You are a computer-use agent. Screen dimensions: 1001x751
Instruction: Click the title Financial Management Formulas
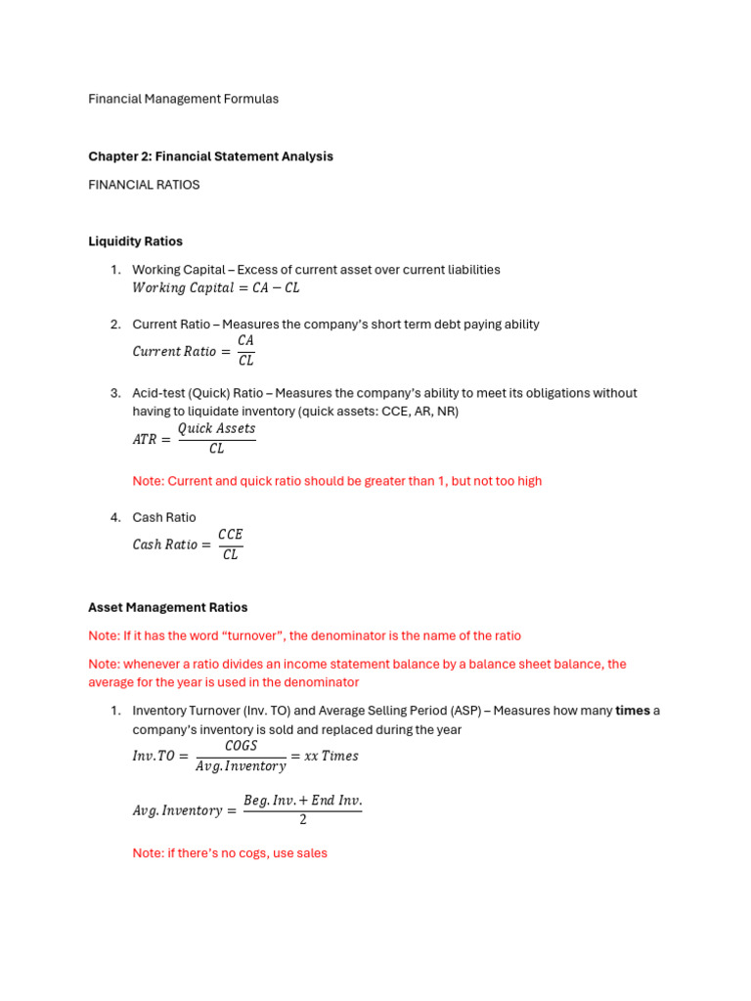(183, 99)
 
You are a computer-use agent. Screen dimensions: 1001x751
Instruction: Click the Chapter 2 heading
(210, 156)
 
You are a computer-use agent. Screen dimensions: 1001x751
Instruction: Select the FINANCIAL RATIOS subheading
(144, 185)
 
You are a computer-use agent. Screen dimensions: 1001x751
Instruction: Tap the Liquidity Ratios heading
(135, 241)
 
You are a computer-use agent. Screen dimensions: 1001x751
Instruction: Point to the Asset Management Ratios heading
(167, 607)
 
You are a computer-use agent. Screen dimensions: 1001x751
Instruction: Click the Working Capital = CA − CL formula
(216, 288)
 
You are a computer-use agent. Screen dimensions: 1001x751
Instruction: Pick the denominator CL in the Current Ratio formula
(245, 361)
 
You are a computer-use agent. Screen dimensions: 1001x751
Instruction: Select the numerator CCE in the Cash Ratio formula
(230, 534)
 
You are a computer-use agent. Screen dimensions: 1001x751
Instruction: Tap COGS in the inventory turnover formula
(241, 745)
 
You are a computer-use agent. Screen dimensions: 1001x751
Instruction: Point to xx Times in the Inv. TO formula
(331, 756)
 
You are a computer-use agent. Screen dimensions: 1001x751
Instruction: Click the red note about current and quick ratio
(336, 481)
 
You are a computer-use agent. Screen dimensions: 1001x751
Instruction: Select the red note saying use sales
(230, 853)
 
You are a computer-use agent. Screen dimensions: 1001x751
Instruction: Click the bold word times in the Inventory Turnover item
(633, 711)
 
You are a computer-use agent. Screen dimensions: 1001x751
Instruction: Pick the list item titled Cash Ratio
(164, 517)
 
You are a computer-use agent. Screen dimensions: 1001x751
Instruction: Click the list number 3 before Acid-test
(114, 393)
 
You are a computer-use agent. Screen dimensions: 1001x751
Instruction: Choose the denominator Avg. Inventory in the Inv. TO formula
(241, 766)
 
